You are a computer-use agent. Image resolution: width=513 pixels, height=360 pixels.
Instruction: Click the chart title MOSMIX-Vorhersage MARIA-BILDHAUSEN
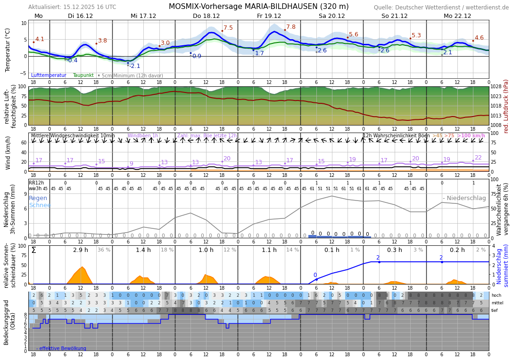pos(258,7)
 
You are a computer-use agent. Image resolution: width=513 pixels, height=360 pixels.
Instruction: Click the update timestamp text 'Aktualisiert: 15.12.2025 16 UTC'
pos(72,7)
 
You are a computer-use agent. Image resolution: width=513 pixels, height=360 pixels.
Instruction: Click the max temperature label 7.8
pos(291,27)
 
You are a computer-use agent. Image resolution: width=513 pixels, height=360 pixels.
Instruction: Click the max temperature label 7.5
pos(228,28)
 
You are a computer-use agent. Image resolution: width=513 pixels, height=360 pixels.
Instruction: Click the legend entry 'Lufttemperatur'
pos(49,75)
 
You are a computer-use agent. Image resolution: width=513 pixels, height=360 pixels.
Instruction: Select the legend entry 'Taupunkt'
pos(83,75)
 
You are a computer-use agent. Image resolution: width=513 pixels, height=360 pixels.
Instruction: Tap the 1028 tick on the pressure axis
pos(496,87)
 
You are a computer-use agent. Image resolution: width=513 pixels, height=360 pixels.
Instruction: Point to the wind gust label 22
pos(478,158)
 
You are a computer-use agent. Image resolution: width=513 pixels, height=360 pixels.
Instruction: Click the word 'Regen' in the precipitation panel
pos(38,198)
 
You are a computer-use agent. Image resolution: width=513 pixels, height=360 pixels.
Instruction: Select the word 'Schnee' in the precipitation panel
pos(40,205)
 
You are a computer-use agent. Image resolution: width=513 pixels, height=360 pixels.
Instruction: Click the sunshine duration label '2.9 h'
pos(81,250)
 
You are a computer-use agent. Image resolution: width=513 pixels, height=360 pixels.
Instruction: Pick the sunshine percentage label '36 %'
pos(104,250)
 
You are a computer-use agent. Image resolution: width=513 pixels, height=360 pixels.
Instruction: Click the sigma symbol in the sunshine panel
pos(33,250)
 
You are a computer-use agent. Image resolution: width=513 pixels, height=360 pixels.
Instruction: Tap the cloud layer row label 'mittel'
pos(496,303)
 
